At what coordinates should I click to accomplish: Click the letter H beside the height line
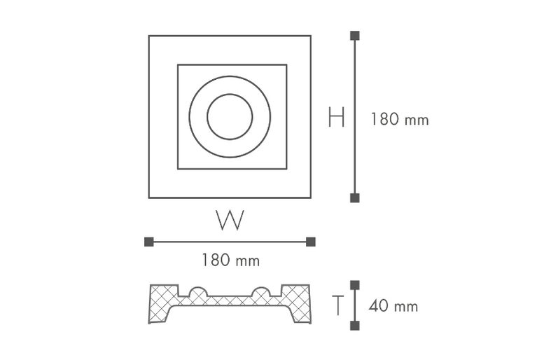coord(336,117)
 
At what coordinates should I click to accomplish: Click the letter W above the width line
coord(230,220)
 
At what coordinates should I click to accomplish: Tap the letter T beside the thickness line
coord(338,305)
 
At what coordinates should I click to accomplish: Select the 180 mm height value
coord(400,119)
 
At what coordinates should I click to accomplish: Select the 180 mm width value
coord(230,260)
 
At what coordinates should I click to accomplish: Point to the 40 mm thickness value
coord(393,306)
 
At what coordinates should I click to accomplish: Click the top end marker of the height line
coord(355,35)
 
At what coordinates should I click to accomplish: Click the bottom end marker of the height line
coord(355,198)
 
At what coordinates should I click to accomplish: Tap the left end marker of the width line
coord(149,242)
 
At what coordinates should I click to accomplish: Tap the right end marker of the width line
coord(311,242)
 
